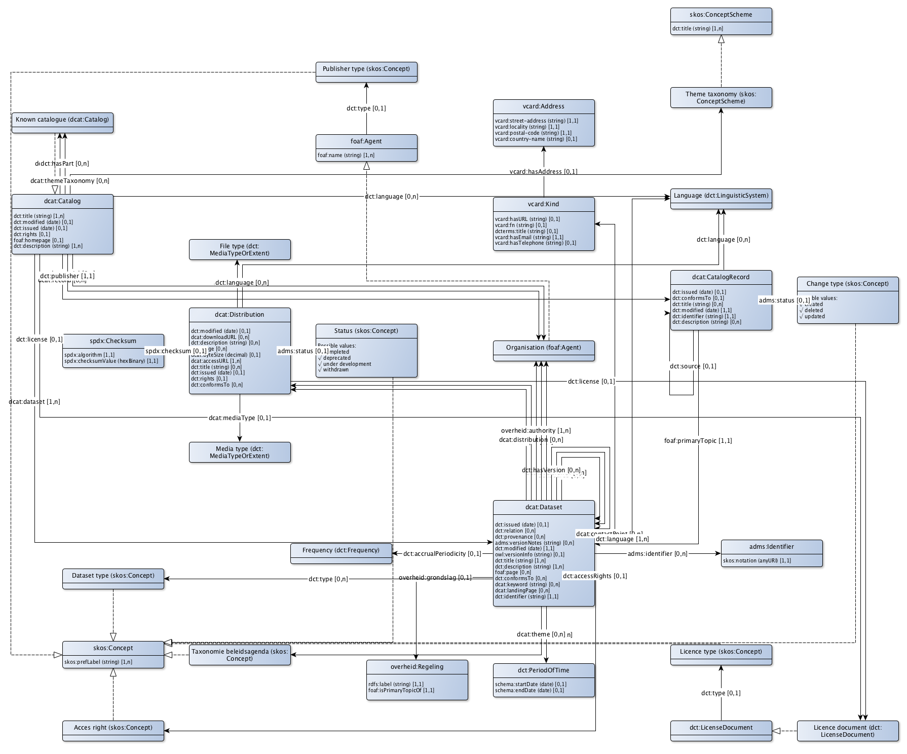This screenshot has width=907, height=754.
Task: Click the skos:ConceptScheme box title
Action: [721, 15]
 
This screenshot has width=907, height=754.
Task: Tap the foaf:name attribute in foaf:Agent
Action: [346, 156]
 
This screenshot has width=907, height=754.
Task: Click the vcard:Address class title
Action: [543, 106]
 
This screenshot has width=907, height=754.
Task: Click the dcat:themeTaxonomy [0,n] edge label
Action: [69, 181]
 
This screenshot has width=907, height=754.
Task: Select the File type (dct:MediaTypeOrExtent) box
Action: [240, 250]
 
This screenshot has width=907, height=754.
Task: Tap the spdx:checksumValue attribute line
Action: [111, 361]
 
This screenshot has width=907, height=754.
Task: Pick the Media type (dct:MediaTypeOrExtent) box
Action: [240, 453]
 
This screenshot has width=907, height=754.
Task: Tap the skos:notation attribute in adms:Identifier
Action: [757, 561]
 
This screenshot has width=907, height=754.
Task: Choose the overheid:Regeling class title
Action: [417, 667]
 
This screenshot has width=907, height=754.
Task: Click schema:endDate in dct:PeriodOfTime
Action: [529, 691]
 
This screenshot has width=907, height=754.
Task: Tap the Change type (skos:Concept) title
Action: [847, 284]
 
